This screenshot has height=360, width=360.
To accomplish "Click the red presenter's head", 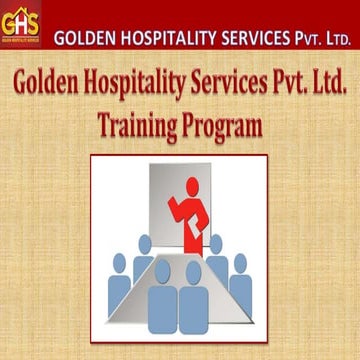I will click(191, 184).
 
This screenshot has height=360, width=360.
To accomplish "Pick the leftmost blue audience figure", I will click(119, 284).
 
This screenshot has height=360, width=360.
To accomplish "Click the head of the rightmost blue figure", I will click(239, 262).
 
